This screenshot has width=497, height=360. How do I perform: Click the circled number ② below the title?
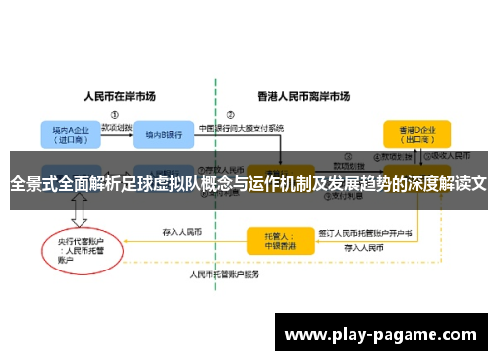[231, 113]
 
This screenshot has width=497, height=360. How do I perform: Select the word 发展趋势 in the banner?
[356, 183]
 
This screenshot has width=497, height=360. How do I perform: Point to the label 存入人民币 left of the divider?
[182, 231]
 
